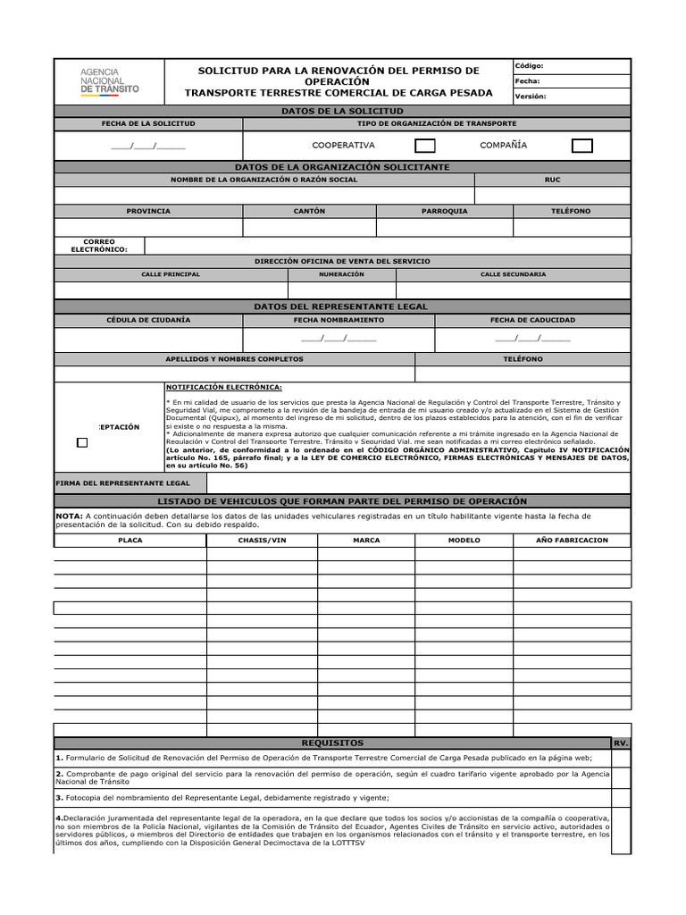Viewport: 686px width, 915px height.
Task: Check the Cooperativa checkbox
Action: pyautogui.click(x=426, y=146)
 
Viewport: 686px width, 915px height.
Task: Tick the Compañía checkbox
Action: pyautogui.click(x=581, y=146)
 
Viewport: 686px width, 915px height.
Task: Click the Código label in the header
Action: pyautogui.click(x=529, y=66)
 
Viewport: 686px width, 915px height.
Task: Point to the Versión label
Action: pyautogui.click(x=530, y=97)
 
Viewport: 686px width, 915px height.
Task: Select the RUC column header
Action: pyautogui.click(x=552, y=180)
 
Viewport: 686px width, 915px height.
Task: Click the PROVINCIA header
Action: pyautogui.click(x=148, y=212)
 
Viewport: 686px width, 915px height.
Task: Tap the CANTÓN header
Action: pyautogui.click(x=309, y=212)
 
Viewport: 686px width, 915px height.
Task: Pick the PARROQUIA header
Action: pyautogui.click(x=444, y=212)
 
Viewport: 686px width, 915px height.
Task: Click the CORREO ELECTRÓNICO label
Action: pyautogui.click(x=99, y=246)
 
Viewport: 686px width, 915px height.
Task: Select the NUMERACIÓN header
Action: pyautogui.click(x=341, y=274)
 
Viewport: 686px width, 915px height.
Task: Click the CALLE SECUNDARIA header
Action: pyautogui.click(x=513, y=274)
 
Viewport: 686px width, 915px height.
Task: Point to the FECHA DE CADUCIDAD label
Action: pyautogui.click(x=532, y=320)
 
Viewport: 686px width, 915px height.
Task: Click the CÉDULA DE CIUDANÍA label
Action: pyautogui.click(x=148, y=320)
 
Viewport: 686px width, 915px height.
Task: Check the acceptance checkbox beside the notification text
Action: pyautogui.click(x=82, y=442)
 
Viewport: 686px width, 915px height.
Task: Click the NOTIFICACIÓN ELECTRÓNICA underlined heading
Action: pyautogui.click(x=224, y=387)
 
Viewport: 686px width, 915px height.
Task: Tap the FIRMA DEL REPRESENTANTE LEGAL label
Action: pyautogui.click(x=122, y=483)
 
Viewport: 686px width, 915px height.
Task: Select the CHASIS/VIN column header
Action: pyautogui.click(x=262, y=541)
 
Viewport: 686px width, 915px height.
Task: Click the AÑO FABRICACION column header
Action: pyautogui.click(x=572, y=541)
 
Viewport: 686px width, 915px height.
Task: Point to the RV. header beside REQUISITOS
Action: pyautogui.click(x=622, y=743)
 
